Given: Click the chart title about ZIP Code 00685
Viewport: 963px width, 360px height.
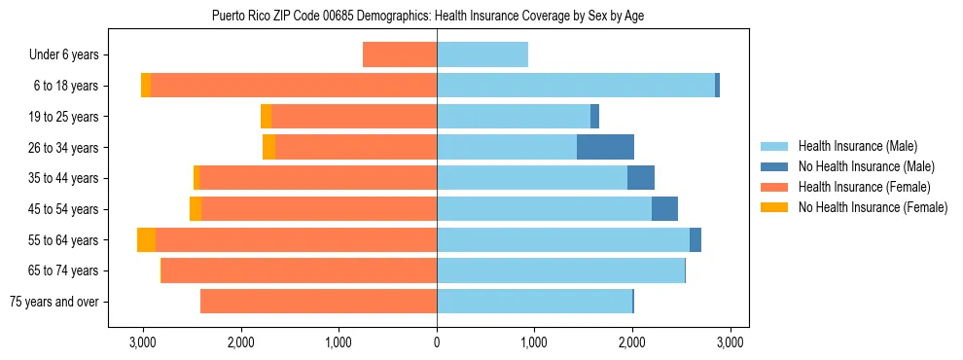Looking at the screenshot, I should coord(427,16).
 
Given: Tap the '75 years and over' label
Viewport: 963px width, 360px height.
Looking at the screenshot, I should coord(54,302).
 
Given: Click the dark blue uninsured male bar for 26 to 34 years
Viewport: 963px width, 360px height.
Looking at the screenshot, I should coord(605,147).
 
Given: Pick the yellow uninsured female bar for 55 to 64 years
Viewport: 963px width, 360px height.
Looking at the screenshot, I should coord(146,239).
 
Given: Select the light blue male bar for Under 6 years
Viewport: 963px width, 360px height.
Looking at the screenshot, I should coord(482,54).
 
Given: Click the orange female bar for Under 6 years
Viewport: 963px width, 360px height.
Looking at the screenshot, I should coord(400,54).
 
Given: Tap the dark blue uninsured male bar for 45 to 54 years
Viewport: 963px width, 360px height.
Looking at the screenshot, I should coord(664,208).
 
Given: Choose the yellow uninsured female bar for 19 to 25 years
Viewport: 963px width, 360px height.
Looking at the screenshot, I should coord(266,117).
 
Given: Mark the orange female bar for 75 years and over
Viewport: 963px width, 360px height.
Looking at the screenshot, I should coord(318,301).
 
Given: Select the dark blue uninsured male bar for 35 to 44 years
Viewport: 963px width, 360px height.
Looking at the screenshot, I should coord(641,178).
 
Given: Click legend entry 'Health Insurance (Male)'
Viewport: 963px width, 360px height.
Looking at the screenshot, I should coord(857,146).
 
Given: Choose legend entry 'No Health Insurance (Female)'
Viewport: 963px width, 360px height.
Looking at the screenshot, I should coord(873,207).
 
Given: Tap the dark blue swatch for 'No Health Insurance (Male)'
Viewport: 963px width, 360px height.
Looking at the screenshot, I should coord(774,166).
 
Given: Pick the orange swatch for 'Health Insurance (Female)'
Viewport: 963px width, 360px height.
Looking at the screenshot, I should coord(774,187).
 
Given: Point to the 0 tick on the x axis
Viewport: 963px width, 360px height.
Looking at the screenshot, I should coord(437,342).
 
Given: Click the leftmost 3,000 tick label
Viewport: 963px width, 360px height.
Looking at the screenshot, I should coord(143,342).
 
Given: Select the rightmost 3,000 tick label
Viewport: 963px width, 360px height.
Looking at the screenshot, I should coord(731,342).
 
